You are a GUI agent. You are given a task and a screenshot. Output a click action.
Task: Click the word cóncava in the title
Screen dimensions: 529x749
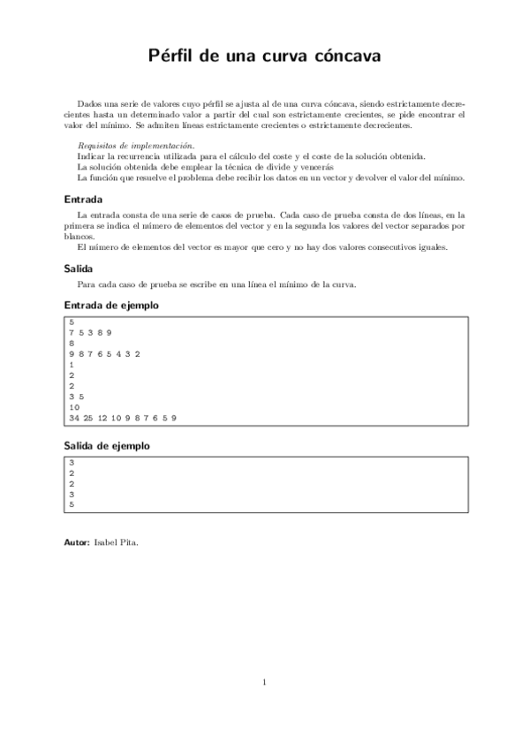pos(347,57)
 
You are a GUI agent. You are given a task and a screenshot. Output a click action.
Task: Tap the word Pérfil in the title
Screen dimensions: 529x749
pos(174,57)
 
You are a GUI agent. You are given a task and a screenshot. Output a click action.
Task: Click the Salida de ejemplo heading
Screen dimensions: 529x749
pos(107,446)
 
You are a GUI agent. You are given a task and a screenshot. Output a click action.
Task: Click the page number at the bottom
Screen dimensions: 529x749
pos(264,682)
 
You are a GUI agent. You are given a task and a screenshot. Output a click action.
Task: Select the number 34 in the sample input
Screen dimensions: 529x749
pos(73,417)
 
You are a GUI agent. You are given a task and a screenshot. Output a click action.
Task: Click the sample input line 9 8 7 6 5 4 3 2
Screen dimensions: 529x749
pos(104,353)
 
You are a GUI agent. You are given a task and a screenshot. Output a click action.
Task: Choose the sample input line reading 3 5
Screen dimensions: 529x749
pos(76,396)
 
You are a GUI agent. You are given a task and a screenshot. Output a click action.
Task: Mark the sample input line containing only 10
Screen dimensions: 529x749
pos(73,406)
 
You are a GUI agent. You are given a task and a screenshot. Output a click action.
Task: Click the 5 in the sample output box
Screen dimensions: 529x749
pos(71,504)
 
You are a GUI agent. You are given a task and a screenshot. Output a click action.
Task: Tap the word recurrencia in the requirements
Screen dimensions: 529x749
pos(132,155)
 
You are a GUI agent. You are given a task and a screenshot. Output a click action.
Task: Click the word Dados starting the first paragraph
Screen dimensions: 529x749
pos(90,103)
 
